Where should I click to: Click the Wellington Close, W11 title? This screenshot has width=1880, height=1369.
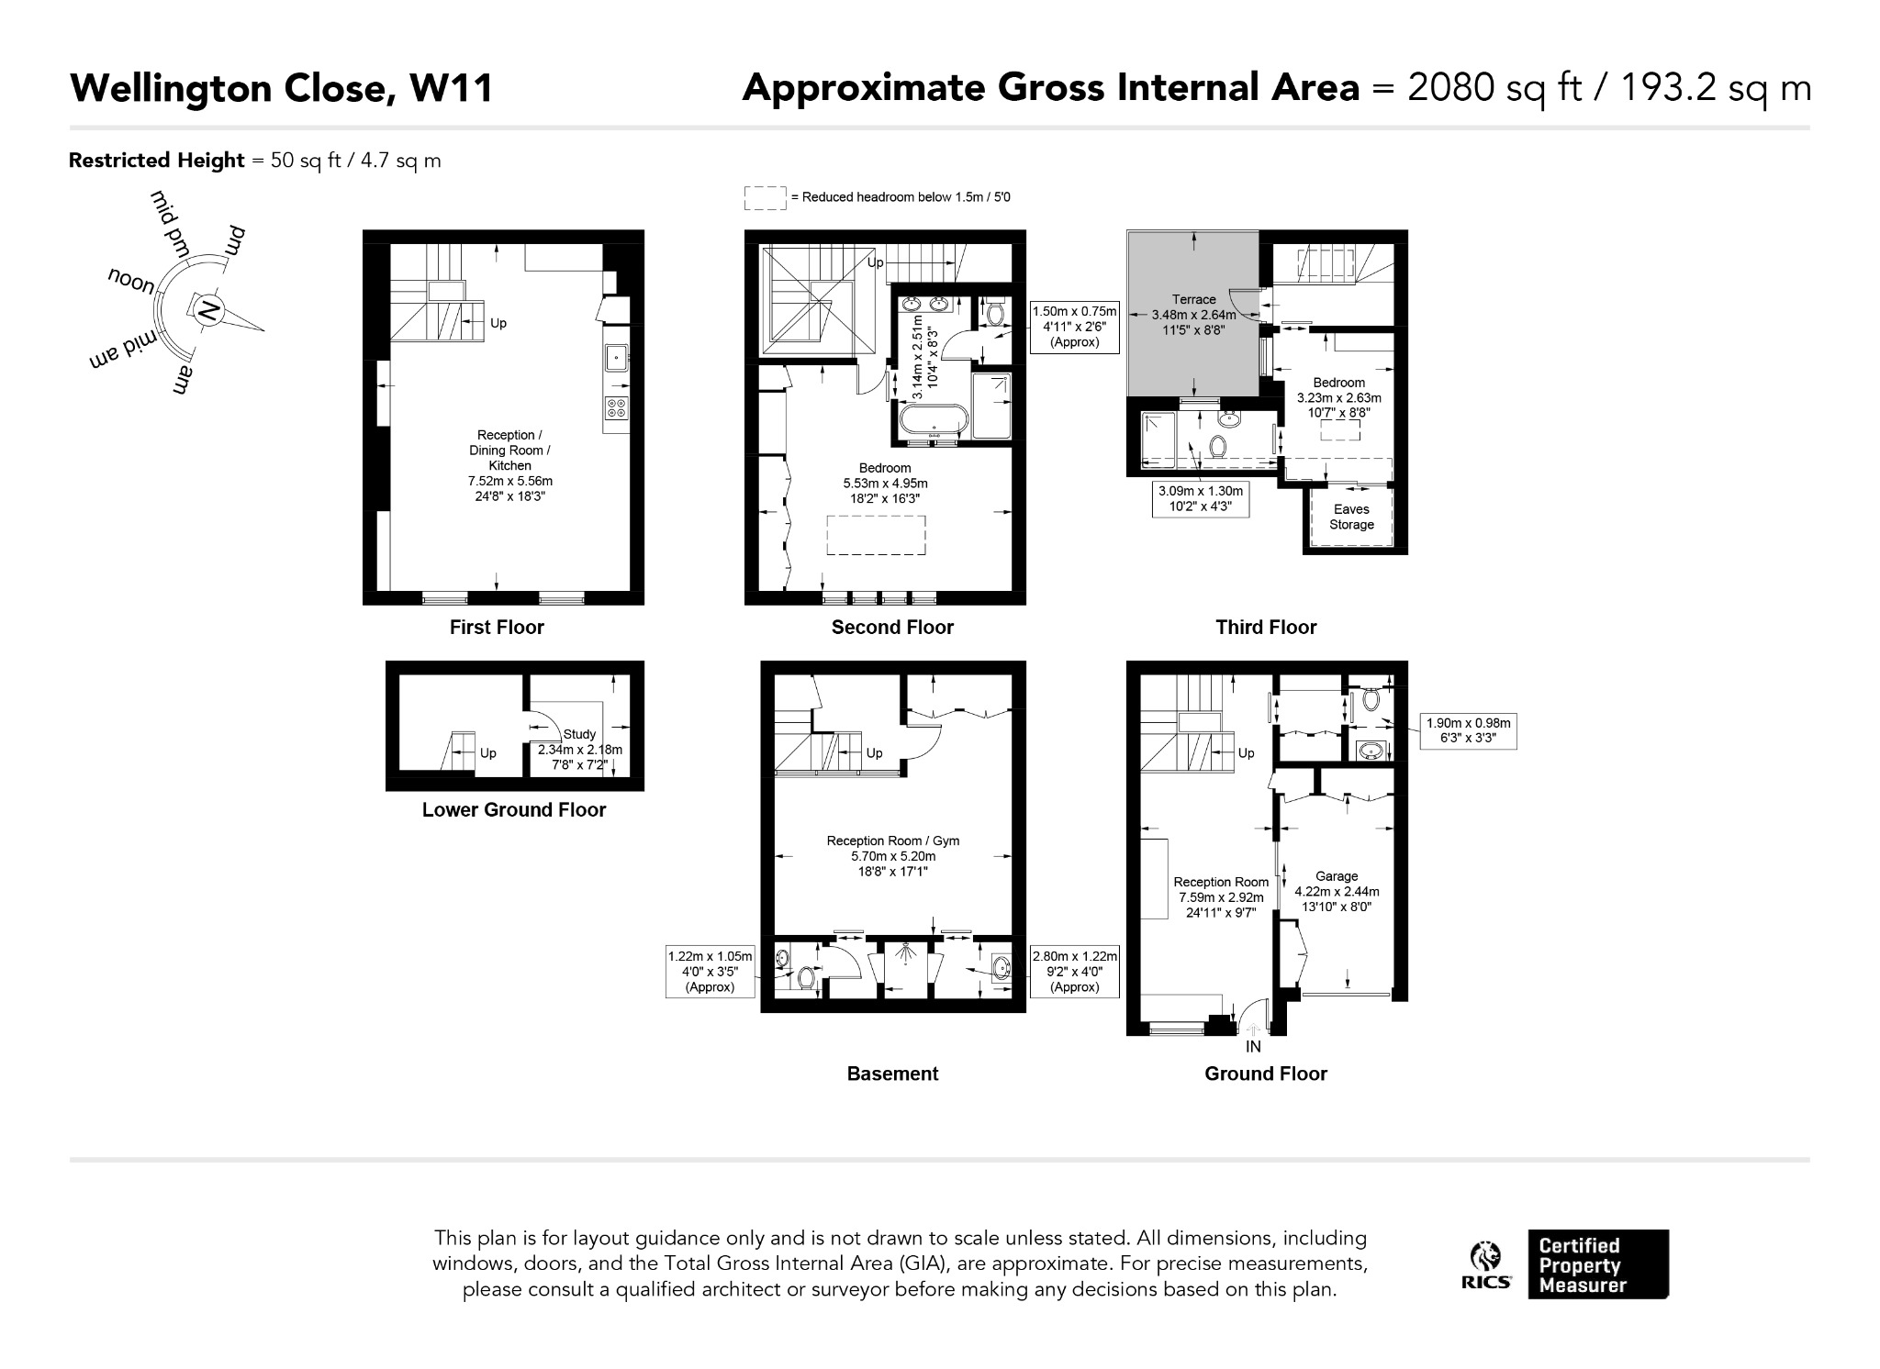pyautogui.click(x=282, y=89)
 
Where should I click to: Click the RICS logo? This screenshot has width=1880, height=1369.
pyautogui.click(x=1486, y=1265)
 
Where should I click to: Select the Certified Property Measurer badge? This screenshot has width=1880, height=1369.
pyautogui.click(x=1598, y=1264)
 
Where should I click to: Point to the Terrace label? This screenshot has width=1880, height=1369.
pyautogui.click(x=1193, y=299)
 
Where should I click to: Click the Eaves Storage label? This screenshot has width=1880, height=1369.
pyautogui.click(x=1351, y=517)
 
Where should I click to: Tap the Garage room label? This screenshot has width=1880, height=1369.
pyautogui.click(x=1337, y=876)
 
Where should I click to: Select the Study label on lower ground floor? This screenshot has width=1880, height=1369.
pyautogui.click(x=579, y=734)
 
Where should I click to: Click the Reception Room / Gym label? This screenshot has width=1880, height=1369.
pyautogui.click(x=892, y=840)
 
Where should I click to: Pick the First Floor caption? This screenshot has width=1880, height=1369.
pyautogui.click(x=497, y=628)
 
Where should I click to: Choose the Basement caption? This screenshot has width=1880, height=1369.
pyautogui.click(x=892, y=1074)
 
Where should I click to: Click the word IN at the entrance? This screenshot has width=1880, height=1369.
pyautogui.click(x=1253, y=1047)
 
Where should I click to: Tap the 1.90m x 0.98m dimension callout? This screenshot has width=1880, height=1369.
pyautogui.click(x=1468, y=731)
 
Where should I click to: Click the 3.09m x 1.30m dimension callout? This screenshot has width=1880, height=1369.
pyautogui.click(x=1201, y=499)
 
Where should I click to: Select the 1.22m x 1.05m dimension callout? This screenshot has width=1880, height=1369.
pyautogui.click(x=710, y=972)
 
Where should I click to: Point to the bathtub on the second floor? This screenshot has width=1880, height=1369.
pyautogui.click(x=933, y=422)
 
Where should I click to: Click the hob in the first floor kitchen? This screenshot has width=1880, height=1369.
pyautogui.click(x=617, y=408)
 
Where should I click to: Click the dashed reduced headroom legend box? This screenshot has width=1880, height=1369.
pyautogui.click(x=765, y=197)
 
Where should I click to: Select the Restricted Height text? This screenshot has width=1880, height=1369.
pyautogui.click(x=157, y=161)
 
